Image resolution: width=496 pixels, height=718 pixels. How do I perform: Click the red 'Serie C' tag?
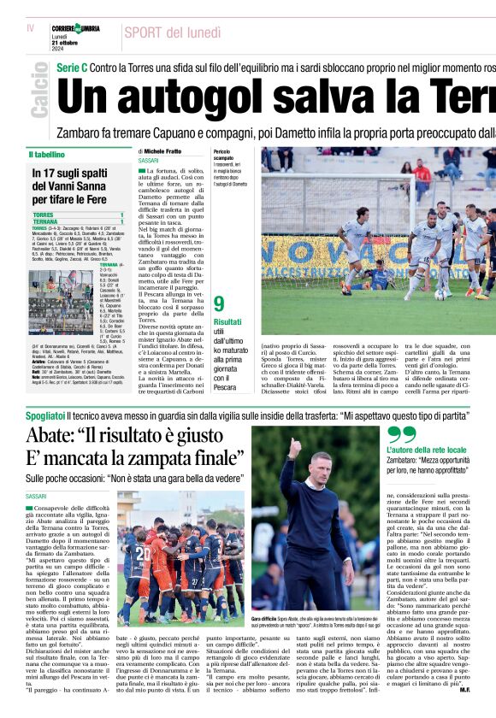coord(72,66)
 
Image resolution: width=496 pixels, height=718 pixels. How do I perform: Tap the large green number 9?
coord(219,303)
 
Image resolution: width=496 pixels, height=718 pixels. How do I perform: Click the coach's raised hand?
coord(295,446)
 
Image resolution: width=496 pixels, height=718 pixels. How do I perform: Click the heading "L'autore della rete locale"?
coord(427,450)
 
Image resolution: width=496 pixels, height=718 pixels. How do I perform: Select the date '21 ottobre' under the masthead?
coord(68,43)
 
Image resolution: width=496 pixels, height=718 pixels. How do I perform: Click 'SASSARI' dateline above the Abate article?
coord(37,496)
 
